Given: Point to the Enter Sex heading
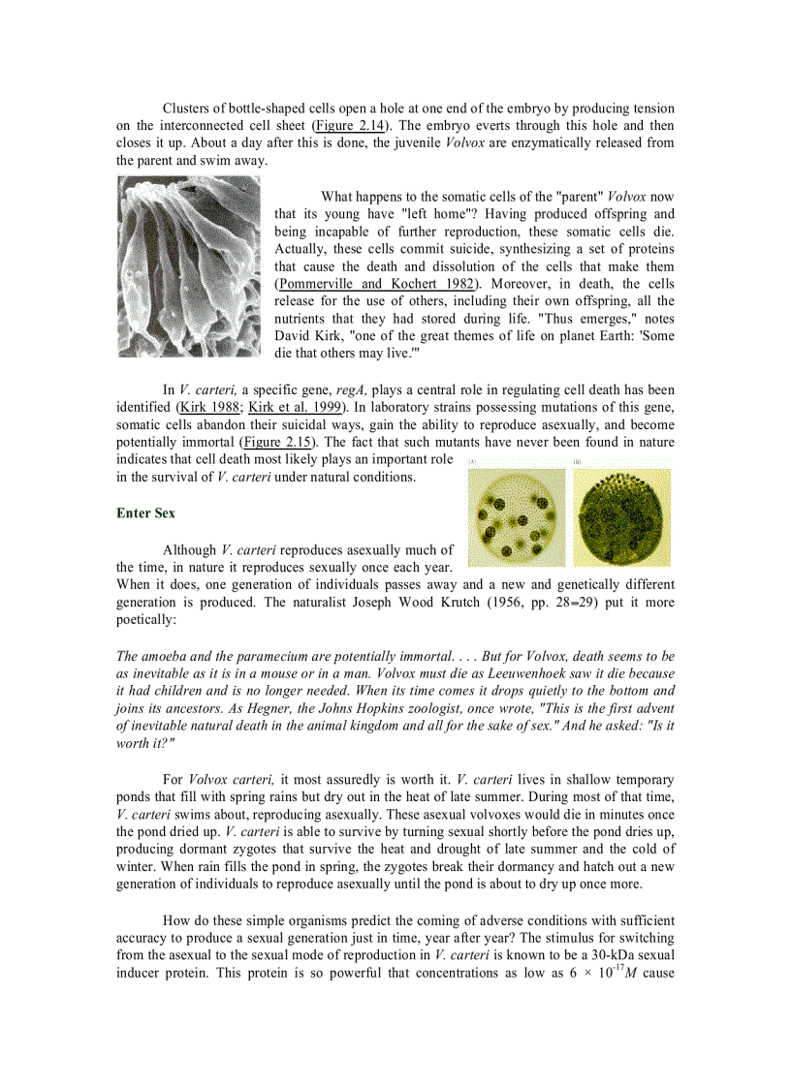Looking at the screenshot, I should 145,513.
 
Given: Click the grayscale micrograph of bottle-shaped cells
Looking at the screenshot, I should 188,266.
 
